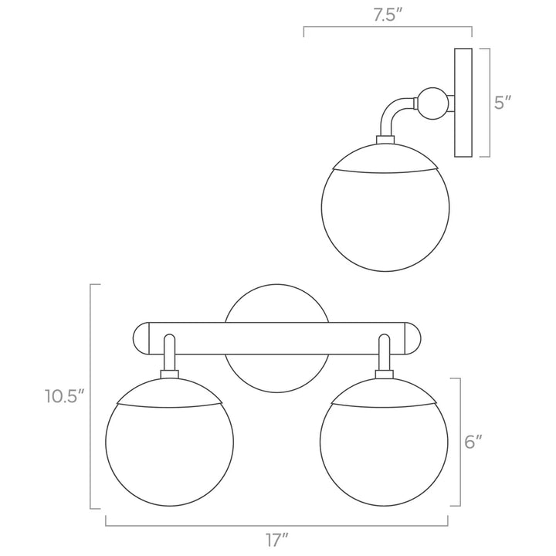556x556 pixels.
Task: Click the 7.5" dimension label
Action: (x=388, y=15)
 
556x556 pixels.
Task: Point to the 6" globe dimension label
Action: (x=473, y=442)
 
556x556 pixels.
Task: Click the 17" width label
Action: (x=277, y=540)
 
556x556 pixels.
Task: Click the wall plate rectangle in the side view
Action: (x=463, y=103)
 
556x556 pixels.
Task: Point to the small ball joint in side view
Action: (x=433, y=103)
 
